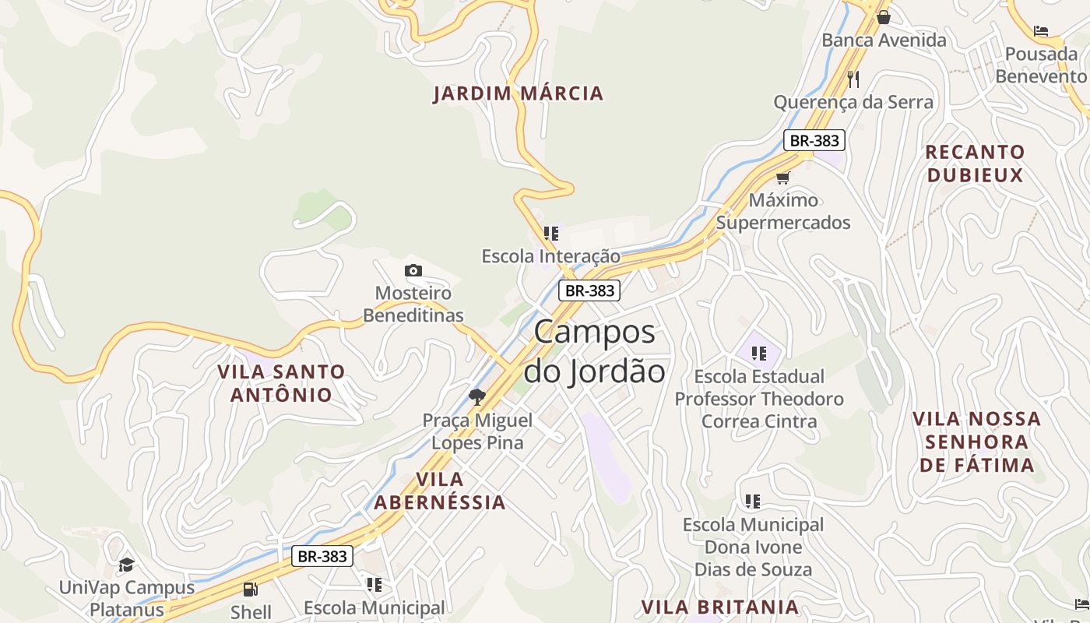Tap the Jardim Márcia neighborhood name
[518, 93]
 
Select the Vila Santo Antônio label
[281, 383]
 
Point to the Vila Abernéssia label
[440, 491]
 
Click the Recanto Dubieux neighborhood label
[975, 164]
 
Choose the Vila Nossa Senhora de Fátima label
[977, 442]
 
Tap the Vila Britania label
[719, 607]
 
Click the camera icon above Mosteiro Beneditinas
[413, 271]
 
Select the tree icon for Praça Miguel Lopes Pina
[477, 398]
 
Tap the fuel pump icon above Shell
[250, 590]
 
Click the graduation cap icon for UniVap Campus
[126, 565]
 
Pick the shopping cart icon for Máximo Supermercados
[782, 178]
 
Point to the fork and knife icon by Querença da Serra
[853, 79]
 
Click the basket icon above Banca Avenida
[884, 17]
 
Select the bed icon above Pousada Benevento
[1041, 31]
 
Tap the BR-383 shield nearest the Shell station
[323, 556]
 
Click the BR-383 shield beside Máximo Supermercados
[814, 140]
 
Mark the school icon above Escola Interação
[551, 233]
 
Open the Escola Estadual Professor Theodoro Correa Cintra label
[759, 399]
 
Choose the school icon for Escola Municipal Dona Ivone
[752, 501]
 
